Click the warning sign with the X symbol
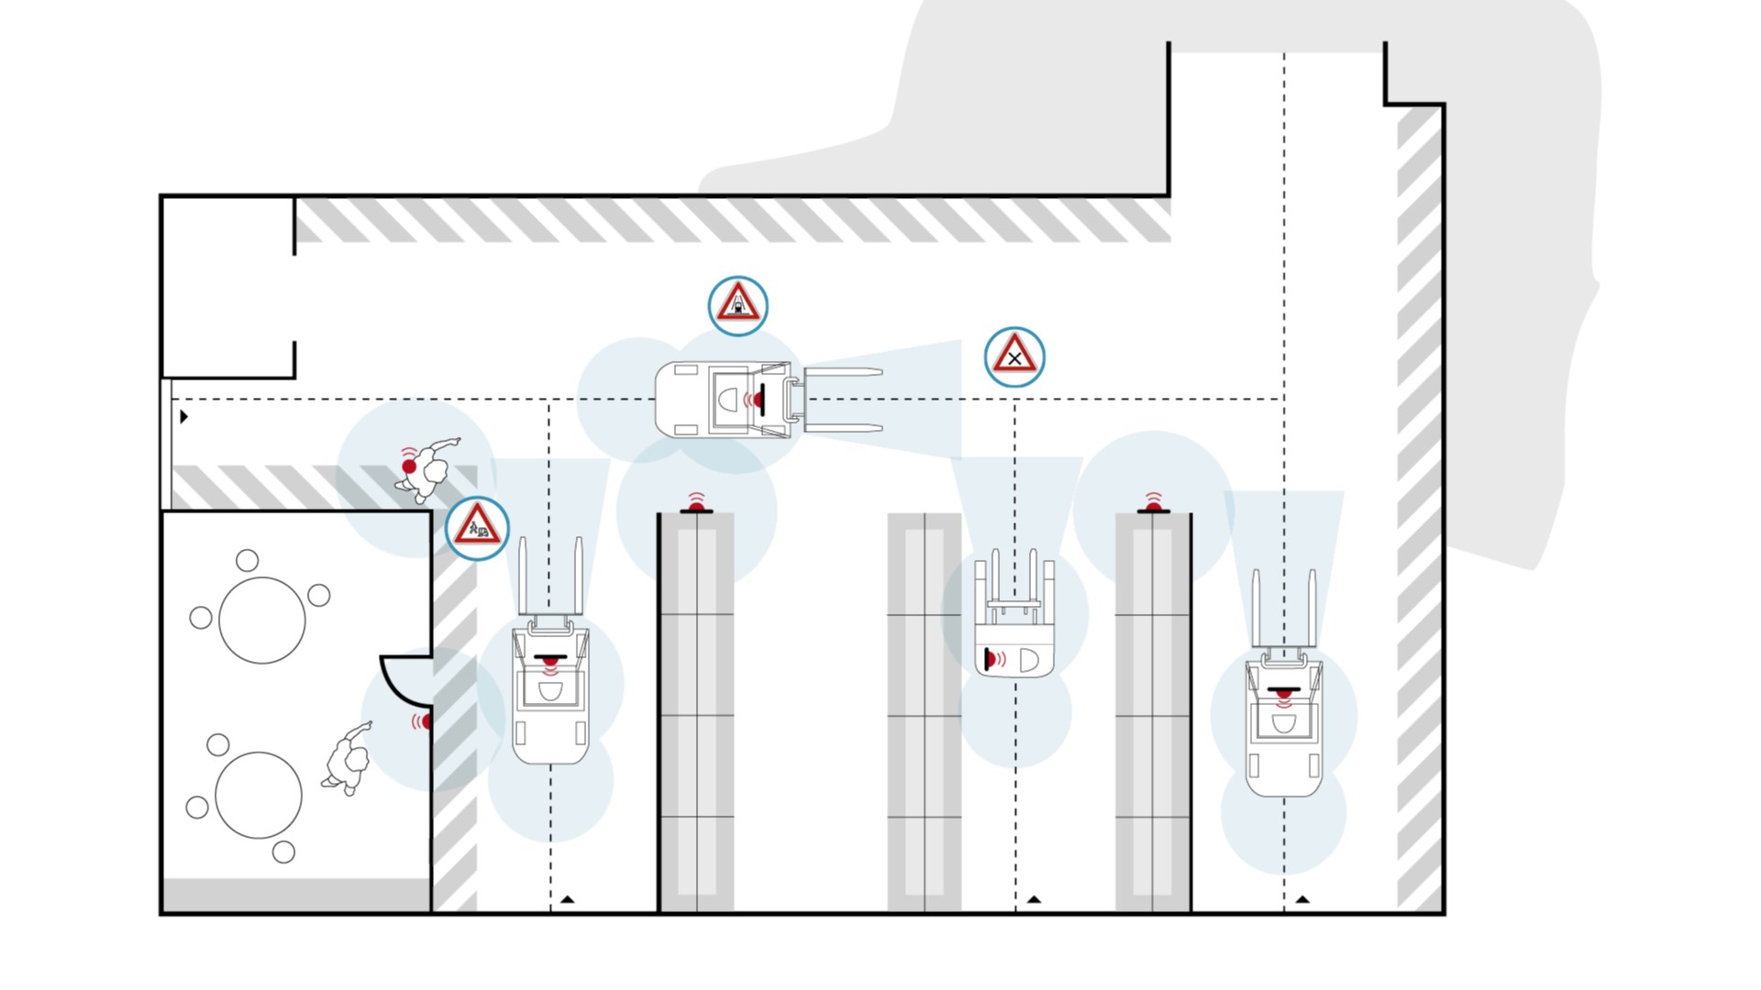pyautogui.click(x=1014, y=357)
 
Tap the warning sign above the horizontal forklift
pyautogui.click(x=738, y=305)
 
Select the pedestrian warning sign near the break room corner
pyautogui.click(x=477, y=529)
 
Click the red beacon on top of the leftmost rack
pyautogui.click(x=697, y=506)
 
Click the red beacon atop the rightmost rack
pyautogui.click(x=1154, y=506)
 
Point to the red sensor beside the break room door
pyautogui.click(x=426, y=721)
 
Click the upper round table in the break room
pyautogui.click(x=262, y=621)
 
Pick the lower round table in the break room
pyautogui.click(x=259, y=795)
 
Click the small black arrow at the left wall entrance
pyautogui.click(x=184, y=417)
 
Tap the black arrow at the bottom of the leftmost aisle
pyautogui.click(x=567, y=900)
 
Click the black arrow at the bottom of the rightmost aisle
pyautogui.click(x=1302, y=900)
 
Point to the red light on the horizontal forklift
pyautogui.click(x=759, y=401)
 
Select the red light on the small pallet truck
pyautogui.click(x=989, y=658)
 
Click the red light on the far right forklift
pyautogui.click(x=1284, y=690)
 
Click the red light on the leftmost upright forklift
pyautogui.click(x=550, y=659)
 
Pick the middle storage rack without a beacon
pyautogui.click(x=925, y=710)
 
